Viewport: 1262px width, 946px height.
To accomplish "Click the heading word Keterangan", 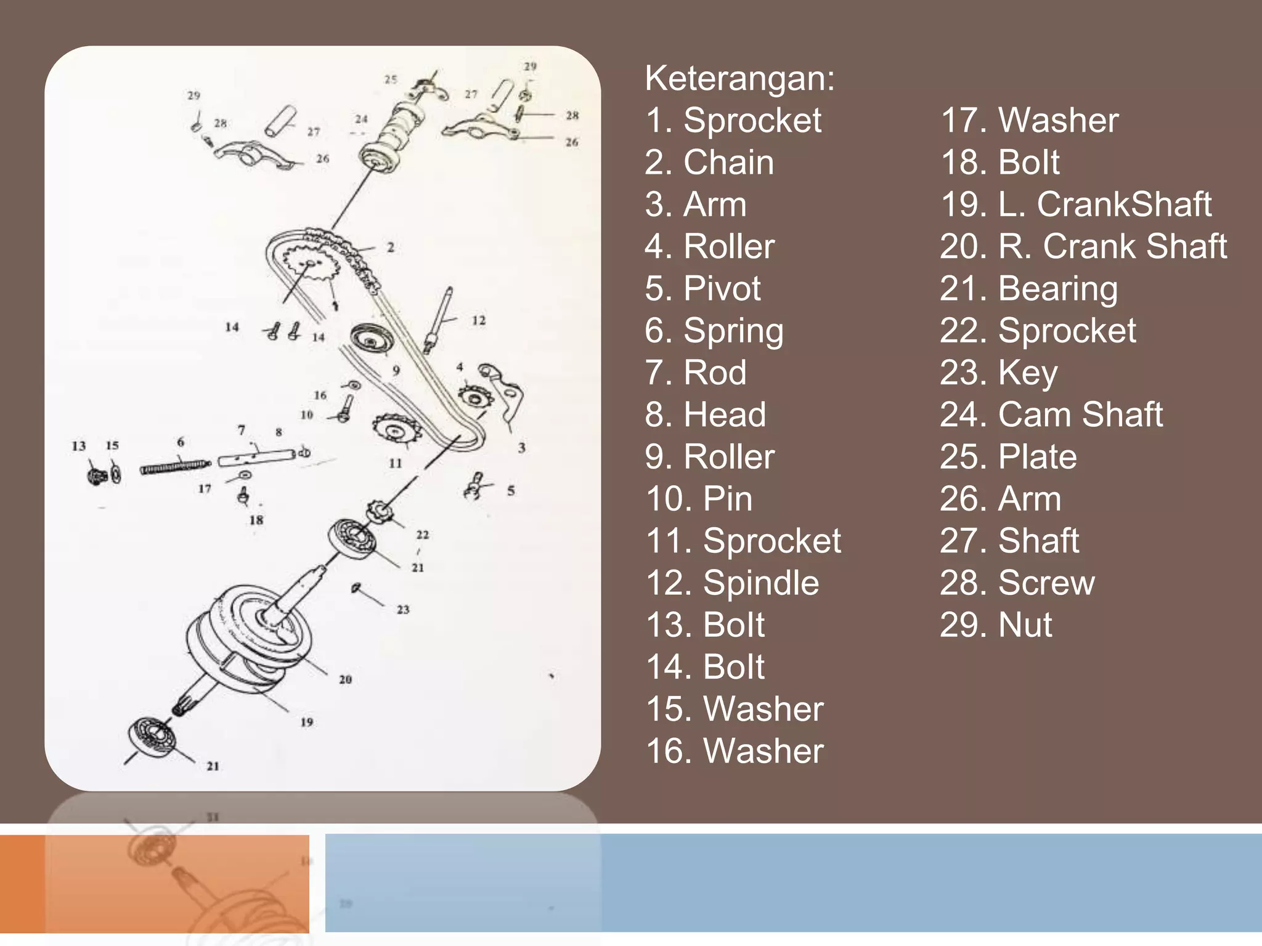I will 739,79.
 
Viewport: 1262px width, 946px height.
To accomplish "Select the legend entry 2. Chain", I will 709,163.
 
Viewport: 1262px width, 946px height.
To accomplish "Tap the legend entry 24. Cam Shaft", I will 1051,414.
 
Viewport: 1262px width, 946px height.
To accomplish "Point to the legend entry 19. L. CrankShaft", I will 1075,204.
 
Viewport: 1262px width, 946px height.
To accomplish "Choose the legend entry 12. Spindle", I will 732,583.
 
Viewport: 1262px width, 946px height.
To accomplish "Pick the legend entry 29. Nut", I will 996,625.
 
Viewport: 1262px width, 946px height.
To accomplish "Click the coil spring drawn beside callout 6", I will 174,467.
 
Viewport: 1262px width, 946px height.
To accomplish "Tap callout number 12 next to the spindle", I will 479,321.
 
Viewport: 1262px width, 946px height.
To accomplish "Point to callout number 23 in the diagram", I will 403,610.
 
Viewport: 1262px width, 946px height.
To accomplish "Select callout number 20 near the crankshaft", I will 345,679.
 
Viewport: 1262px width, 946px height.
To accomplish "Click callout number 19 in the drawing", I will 307,722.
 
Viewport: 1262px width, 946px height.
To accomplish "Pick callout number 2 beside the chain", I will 391,248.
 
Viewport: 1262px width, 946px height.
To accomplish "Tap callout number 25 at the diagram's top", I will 391,79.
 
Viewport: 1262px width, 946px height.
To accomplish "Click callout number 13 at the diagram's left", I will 79,446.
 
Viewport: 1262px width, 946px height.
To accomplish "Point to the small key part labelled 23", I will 356,588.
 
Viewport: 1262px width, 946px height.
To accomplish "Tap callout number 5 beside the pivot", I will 511,491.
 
